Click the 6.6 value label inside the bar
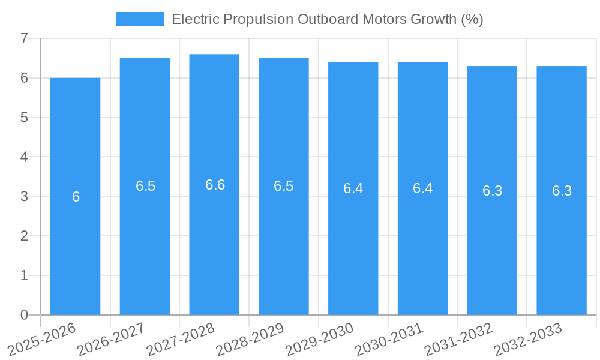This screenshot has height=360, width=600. click(x=215, y=185)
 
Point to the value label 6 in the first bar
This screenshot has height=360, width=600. click(x=76, y=197)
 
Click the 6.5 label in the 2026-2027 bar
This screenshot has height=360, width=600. click(x=145, y=186)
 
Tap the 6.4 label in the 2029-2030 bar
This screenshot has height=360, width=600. click(x=353, y=188)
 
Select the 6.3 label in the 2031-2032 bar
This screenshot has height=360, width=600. click(x=492, y=191)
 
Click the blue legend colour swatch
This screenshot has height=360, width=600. click(x=140, y=19)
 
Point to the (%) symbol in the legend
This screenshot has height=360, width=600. click(x=472, y=19)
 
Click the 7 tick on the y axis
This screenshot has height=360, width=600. click(x=24, y=38)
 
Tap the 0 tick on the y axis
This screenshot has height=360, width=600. click(x=24, y=315)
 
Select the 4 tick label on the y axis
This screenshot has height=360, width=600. click(x=24, y=157)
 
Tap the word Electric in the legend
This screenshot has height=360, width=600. click(x=196, y=19)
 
